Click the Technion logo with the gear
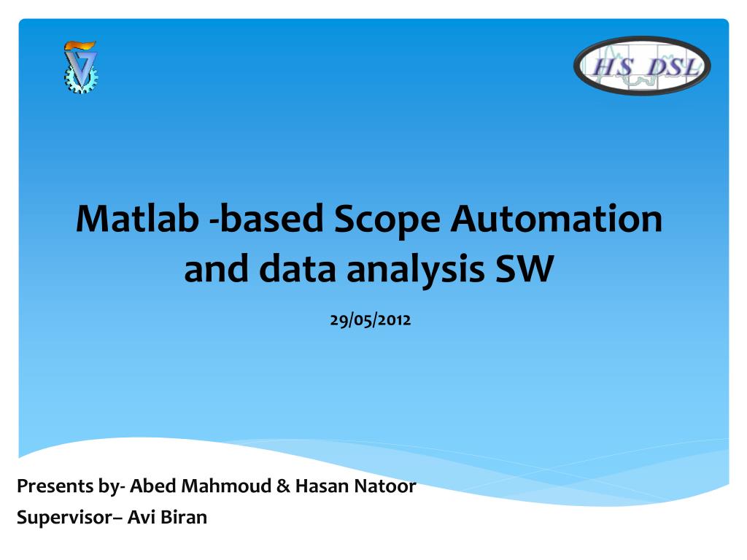80,67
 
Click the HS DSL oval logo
642,66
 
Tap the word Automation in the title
557,219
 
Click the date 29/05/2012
371,319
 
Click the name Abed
153,486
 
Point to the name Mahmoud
226,486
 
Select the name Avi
140,518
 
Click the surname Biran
183,518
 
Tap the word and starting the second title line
216,269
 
